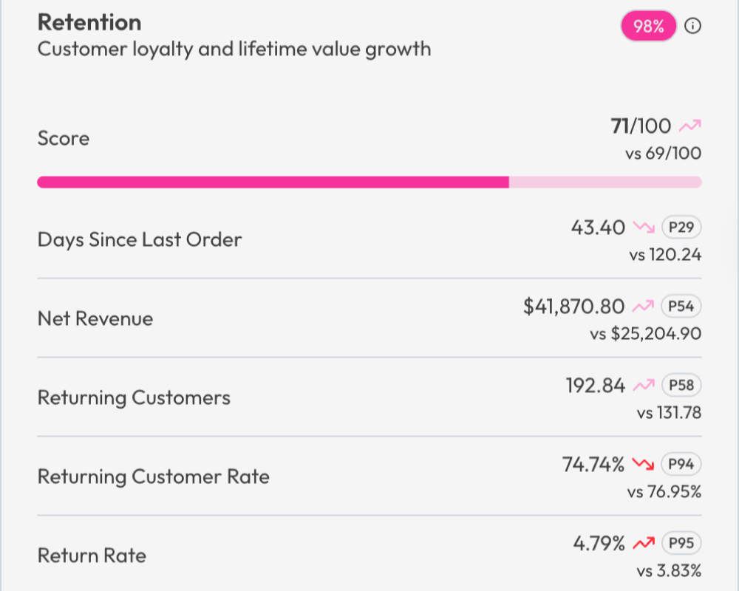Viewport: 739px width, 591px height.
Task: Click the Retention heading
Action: (89, 22)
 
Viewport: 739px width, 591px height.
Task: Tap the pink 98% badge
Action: (648, 27)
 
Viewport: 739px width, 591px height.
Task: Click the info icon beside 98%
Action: (692, 27)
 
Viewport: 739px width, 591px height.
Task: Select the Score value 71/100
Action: (641, 126)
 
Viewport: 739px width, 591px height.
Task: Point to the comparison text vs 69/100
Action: (663, 154)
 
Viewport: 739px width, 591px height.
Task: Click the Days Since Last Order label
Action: (139, 239)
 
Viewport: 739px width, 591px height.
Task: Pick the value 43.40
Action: (598, 227)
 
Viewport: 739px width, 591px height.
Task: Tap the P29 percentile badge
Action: (681, 227)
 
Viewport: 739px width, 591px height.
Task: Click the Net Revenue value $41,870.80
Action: (573, 306)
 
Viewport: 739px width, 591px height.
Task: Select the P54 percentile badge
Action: (681, 306)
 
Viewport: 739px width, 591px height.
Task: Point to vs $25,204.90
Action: (645, 334)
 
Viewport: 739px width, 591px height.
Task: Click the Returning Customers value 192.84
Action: (595, 385)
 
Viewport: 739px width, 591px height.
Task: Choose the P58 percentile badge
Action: (681, 385)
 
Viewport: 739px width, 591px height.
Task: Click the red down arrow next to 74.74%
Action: (644, 465)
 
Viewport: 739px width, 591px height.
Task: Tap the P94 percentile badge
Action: (681, 464)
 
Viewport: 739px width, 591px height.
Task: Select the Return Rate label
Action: (92, 556)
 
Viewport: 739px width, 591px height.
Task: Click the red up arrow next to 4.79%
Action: (644, 544)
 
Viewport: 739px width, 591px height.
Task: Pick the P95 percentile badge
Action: (681, 543)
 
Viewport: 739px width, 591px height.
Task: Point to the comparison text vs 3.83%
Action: (669, 571)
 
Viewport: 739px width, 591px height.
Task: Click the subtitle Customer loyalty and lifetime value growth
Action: (234, 49)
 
